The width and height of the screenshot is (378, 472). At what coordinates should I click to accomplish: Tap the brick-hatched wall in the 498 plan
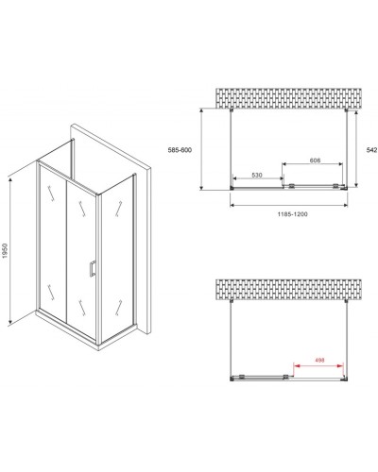tap(291, 292)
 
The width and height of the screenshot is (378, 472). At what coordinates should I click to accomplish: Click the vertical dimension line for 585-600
tap(205, 149)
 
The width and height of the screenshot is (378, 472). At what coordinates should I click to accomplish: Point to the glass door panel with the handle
tap(80, 250)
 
